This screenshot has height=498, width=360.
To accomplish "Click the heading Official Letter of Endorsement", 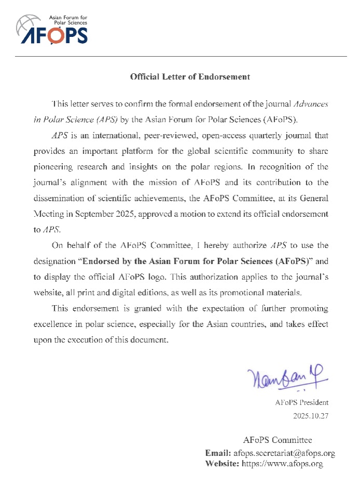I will click(190, 77).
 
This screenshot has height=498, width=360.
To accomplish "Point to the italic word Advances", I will click(310, 104).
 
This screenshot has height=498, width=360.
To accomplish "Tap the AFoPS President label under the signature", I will click(302, 402).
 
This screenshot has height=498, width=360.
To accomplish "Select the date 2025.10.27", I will click(311, 416).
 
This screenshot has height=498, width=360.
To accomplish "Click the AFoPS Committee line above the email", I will click(277, 441).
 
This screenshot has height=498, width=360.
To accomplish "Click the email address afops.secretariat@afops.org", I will click(284, 453).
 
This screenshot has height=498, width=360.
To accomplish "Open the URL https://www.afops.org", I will click(283, 464).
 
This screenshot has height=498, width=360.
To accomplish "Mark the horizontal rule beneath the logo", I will click(180, 56).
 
